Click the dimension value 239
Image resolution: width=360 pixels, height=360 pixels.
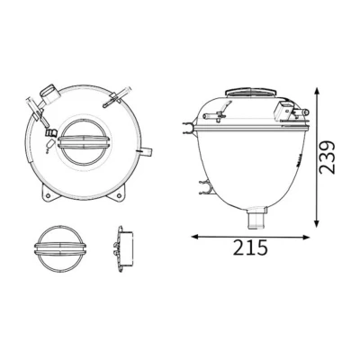[327, 157]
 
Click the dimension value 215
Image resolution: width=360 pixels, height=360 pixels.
[250, 247]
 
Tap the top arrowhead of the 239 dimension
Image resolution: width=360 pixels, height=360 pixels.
[317, 91]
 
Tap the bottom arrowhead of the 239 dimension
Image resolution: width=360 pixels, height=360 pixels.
[317, 223]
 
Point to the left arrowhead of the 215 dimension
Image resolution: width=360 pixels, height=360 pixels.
[195, 237]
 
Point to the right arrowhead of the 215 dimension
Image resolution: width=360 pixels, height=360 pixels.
[305, 237]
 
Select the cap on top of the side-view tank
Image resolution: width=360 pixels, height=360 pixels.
[251, 92]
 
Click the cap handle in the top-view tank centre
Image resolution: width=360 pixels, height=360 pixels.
[82, 141]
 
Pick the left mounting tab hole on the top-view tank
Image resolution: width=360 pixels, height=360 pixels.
[47, 196]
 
